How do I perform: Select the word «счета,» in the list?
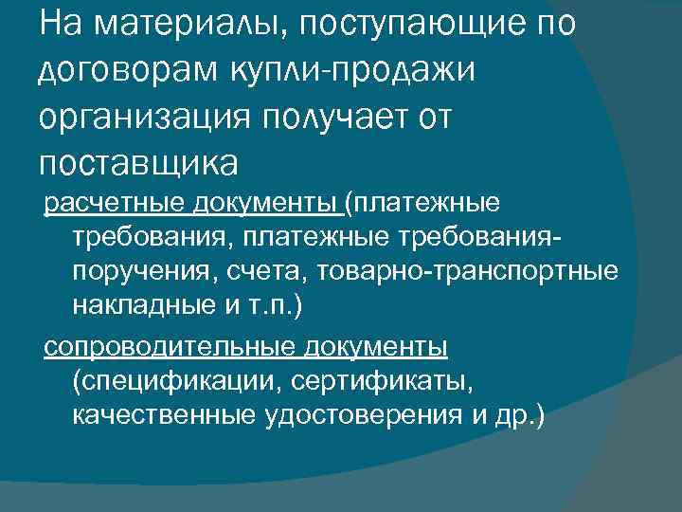point(264,272)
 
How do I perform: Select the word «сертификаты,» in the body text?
point(379,382)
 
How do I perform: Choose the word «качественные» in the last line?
point(160,416)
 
